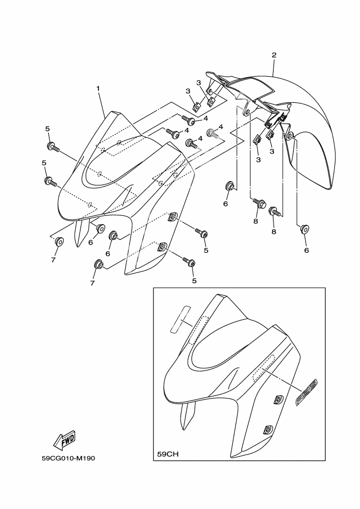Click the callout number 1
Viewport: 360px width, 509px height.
click(98, 88)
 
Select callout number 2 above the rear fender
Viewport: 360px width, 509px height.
click(274, 55)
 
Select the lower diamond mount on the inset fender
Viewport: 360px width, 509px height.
click(268, 429)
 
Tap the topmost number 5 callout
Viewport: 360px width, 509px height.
click(48, 128)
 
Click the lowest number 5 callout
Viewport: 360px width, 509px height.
click(194, 281)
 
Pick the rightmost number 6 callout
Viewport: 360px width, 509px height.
click(306, 250)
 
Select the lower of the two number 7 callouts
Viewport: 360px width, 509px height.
click(92, 283)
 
